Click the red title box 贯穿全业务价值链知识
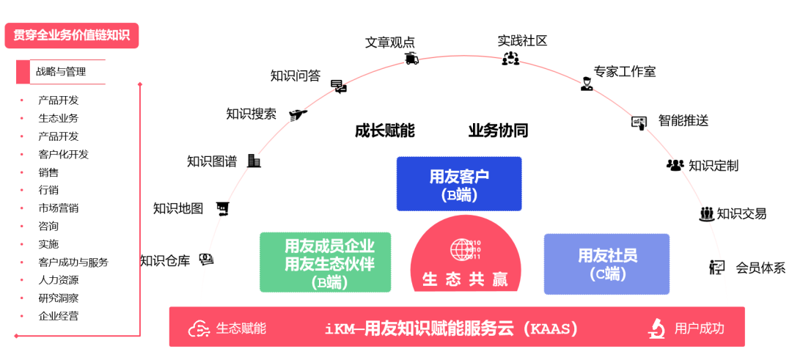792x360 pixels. pyautogui.click(x=71, y=35)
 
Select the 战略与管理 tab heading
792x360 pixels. pyautogui.click(x=62, y=72)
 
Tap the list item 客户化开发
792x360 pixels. pyautogui.click(x=63, y=154)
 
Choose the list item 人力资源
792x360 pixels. pyautogui.click(x=59, y=280)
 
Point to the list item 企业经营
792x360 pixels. pyautogui.click(x=59, y=316)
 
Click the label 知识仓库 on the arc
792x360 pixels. pyautogui.click(x=165, y=260)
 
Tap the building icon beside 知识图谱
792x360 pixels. pyautogui.click(x=254, y=161)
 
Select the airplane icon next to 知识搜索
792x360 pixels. pyautogui.click(x=297, y=114)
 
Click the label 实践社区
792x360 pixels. pyautogui.click(x=522, y=40)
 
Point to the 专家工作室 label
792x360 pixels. pyautogui.click(x=625, y=72)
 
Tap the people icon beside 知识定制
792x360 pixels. pyautogui.click(x=675, y=165)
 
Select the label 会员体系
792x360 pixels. pyautogui.click(x=760, y=268)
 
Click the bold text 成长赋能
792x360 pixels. pyautogui.click(x=384, y=131)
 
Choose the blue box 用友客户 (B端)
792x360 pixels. pyautogui.click(x=459, y=184)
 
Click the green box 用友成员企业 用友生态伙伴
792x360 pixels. pyautogui.click(x=325, y=262)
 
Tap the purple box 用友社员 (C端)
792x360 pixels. pyautogui.click(x=607, y=263)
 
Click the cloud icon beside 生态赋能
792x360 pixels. pyautogui.click(x=199, y=328)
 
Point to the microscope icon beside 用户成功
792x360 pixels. pyautogui.click(x=656, y=328)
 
